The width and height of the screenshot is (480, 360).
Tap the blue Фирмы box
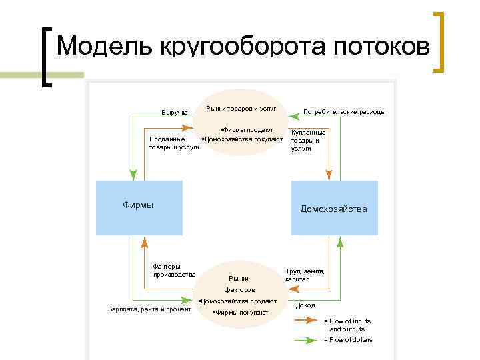point(139,207)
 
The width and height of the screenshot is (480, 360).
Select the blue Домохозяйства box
point(334,208)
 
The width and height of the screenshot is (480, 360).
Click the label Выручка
point(175,111)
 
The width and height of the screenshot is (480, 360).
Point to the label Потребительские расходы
point(344,111)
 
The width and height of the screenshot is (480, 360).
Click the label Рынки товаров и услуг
point(241,108)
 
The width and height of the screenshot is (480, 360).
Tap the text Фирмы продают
point(247,129)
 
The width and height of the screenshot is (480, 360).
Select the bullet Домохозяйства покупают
point(243,139)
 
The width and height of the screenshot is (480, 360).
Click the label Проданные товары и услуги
point(173,143)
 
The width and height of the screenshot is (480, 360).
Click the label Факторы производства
point(174,270)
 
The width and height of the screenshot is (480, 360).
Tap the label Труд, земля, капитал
point(305,275)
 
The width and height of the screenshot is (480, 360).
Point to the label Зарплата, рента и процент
point(149,309)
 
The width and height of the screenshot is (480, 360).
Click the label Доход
point(305,305)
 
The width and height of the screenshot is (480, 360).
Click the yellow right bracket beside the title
point(438,42)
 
